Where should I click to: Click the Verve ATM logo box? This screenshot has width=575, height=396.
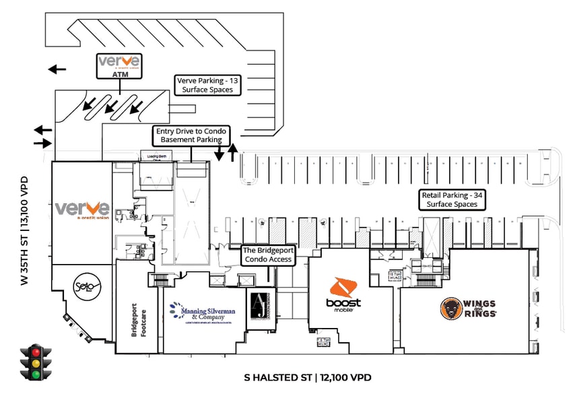click(119, 66)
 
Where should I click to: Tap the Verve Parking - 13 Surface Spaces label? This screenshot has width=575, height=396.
click(207, 84)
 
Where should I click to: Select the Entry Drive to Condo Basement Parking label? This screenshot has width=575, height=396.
click(192, 135)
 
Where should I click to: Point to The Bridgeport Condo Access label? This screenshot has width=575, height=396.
click(267, 255)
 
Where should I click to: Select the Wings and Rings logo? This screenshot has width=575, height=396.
click(469, 308)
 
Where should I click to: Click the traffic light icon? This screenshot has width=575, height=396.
click(35, 362)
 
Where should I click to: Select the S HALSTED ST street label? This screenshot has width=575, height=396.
click(307, 378)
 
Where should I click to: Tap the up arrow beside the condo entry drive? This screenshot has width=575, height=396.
click(233, 152)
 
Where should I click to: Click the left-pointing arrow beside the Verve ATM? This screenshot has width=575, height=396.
click(57, 69)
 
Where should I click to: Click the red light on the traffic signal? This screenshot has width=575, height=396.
click(35, 352)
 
